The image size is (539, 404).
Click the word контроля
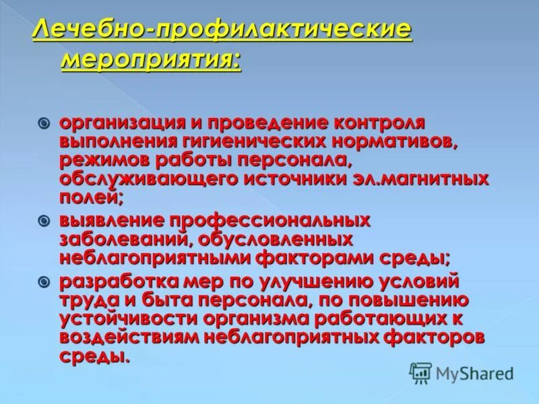[x=378, y=124]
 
